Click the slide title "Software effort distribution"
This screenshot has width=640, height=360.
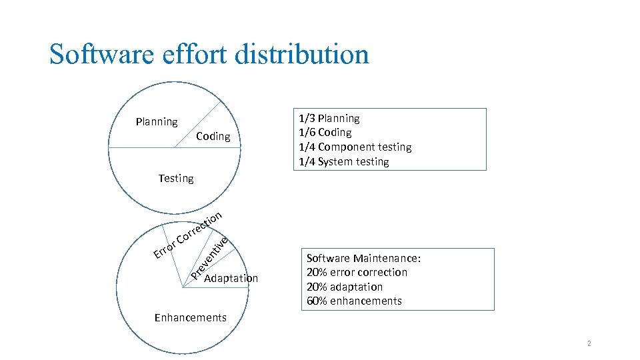pyautogui.click(x=209, y=54)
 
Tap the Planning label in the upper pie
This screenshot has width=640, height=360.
pyautogui.click(x=157, y=122)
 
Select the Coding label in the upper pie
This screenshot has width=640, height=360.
pyautogui.click(x=213, y=137)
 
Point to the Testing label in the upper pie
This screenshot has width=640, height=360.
pyautogui.click(x=176, y=178)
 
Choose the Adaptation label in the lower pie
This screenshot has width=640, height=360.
pyautogui.click(x=231, y=278)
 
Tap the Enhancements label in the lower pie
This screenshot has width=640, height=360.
pyautogui.click(x=190, y=317)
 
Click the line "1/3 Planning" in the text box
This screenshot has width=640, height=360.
pyautogui.click(x=329, y=119)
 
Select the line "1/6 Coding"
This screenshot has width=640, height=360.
pyautogui.click(x=325, y=133)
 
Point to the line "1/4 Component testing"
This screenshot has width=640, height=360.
pyautogui.click(x=355, y=147)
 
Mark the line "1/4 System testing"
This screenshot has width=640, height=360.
pyautogui.click(x=343, y=161)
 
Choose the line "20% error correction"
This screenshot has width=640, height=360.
pyautogui.click(x=357, y=272)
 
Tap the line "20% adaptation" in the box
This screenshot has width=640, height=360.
pyautogui.click(x=344, y=287)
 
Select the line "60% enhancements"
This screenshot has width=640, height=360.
pyautogui.click(x=354, y=301)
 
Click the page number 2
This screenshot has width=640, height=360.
pyautogui.click(x=589, y=343)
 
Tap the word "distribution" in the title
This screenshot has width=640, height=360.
pyautogui.click(x=301, y=54)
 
